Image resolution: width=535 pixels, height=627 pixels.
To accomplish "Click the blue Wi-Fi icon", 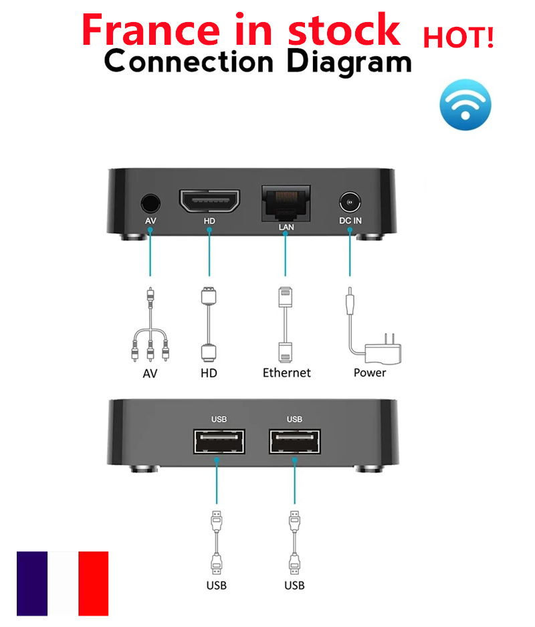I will [x=465, y=105].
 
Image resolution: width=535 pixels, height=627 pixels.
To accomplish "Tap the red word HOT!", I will [x=458, y=37].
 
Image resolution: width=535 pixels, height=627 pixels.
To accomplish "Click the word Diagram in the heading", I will [x=348, y=62].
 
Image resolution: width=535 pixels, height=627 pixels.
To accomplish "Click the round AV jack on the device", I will [x=150, y=203].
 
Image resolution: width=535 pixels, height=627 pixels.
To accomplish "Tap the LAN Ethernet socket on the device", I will [x=286, y=202].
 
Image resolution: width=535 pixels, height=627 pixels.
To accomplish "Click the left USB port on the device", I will [x=219, y=442].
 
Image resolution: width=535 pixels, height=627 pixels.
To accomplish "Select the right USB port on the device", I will [x=294, y=442].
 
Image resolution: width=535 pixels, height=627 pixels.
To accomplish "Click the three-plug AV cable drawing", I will [x=150, y=325].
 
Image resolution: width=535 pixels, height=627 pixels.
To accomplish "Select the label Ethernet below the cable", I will [x=286, y=373].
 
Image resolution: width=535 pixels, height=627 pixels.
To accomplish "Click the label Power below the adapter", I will [x=369, y=373].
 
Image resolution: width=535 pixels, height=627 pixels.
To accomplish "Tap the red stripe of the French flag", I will [x=93, y=584].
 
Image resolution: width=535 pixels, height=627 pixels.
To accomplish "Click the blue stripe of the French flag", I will [x=31, y=584].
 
